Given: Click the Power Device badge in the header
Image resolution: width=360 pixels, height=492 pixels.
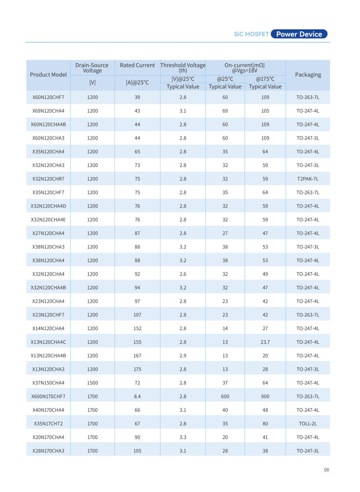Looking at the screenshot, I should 299,34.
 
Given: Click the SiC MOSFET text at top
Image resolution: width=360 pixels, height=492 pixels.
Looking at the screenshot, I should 251,34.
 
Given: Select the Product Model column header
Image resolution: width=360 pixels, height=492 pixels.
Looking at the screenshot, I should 48,74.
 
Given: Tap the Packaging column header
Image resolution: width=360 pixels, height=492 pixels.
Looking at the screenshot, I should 308,74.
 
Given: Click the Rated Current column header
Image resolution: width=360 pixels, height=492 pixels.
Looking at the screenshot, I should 137,65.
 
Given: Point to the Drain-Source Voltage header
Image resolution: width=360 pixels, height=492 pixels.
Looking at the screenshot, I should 92,68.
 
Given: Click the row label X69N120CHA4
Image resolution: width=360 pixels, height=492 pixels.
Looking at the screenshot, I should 48,111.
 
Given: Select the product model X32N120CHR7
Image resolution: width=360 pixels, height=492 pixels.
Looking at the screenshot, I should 48,179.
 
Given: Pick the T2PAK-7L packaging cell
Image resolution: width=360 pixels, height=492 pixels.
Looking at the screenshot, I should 308,179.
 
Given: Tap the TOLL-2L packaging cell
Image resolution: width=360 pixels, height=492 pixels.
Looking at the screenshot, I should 308,424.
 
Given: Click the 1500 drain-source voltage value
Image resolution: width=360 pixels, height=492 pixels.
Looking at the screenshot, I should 92,383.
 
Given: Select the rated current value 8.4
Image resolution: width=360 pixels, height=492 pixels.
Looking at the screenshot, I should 137,396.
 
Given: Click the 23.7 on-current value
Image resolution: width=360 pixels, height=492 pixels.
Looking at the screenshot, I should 265,342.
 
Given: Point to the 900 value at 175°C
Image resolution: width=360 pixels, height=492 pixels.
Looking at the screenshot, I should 265,396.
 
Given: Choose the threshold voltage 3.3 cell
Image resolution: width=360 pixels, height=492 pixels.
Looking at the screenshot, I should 183,437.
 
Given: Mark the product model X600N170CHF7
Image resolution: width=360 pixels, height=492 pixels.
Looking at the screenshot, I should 48,396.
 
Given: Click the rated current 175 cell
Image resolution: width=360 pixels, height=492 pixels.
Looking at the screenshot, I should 137,369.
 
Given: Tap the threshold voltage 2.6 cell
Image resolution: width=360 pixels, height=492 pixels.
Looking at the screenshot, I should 183,274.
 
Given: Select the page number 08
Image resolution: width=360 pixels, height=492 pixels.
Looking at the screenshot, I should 326,470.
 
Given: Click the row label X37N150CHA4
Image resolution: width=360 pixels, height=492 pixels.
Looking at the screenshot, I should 48,383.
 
